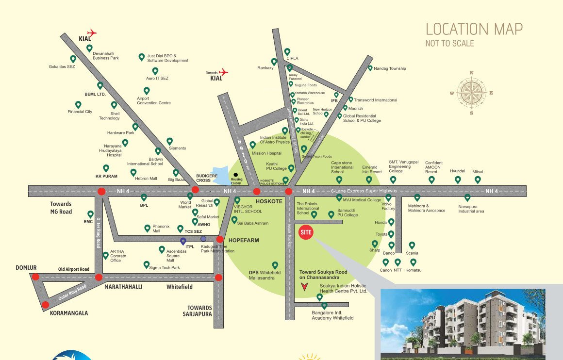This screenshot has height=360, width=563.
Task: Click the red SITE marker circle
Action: [x=306, y=232]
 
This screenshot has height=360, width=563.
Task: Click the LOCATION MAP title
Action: [x=474, y=29]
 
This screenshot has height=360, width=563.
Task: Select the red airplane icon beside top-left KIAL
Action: [x=91, y=33]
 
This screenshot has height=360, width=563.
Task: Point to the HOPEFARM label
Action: [x=244, y=240]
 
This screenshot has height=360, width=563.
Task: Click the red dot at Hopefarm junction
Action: [x=220, y=239]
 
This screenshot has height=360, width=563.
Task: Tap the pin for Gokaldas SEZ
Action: [x=73, y=59]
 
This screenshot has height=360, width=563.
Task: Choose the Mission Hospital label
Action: [x=266, y=153]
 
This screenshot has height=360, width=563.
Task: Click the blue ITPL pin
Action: [x=183, y=240]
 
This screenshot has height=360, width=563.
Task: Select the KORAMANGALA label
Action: [x=69, y=313]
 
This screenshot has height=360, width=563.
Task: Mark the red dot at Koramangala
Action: [x=45, y=305]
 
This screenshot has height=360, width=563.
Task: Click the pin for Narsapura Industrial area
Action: [x=467, y=197]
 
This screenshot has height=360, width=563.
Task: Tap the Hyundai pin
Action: [x=458, y=180]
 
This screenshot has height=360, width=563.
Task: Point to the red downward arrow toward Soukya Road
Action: [x=304, y=287]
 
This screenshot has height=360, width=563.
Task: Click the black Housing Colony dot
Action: [x=236, y=175]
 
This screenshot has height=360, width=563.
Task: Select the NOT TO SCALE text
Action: [x=449, y=43]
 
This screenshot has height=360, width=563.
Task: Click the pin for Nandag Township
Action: [x=370, y=68]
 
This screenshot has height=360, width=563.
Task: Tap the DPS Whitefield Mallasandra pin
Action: [x=275, y=265]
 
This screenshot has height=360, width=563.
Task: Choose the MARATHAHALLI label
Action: [x=123, y=287]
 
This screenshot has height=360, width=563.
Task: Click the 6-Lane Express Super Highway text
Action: [x=364, y=191]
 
